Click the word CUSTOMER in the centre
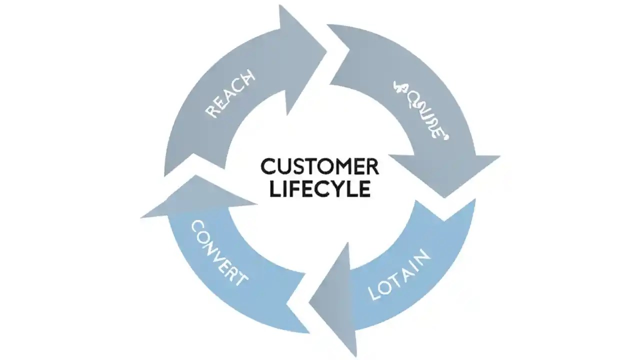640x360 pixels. (319, 166)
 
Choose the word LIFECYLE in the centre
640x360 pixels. (319, 189)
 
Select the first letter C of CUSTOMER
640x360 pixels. (267, 166)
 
